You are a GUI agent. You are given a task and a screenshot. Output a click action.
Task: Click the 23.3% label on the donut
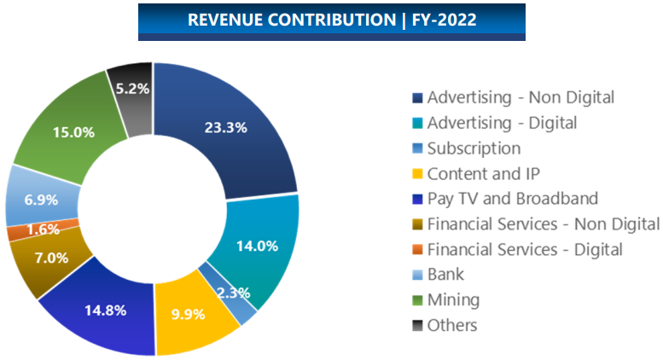pyautogui.click(x=226, y=128)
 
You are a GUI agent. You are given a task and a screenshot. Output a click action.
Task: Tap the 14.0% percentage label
pyautogui.click(x=257, y=246)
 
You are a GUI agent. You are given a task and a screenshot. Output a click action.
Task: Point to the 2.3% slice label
pyautogui.click(x=232, y=293)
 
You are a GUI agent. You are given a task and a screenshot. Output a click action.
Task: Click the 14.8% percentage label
pyautogui.click(x=106, y=310)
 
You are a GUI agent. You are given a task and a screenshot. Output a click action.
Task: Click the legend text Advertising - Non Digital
pyautogui.click(x=521, y=97)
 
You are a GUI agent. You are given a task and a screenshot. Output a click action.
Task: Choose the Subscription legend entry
pyautogui.click(x=474, y=148)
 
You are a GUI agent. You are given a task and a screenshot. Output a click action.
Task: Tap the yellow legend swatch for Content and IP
pyautogui.click(x=417, y=173)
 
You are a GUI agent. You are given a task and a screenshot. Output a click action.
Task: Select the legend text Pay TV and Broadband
pyautogui.click(x=513, y=199)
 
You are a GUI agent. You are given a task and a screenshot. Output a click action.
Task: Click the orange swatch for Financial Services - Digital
pyautogui.click(x=417, y=250)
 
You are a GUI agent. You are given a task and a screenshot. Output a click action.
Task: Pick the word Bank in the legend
pyautogui.click(x=445, y=275)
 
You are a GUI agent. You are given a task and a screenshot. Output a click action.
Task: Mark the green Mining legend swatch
pyautogui.click(x=417, y=300)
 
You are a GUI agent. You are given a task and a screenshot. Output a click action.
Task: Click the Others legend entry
pyautogui.click(x=452, y=325)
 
